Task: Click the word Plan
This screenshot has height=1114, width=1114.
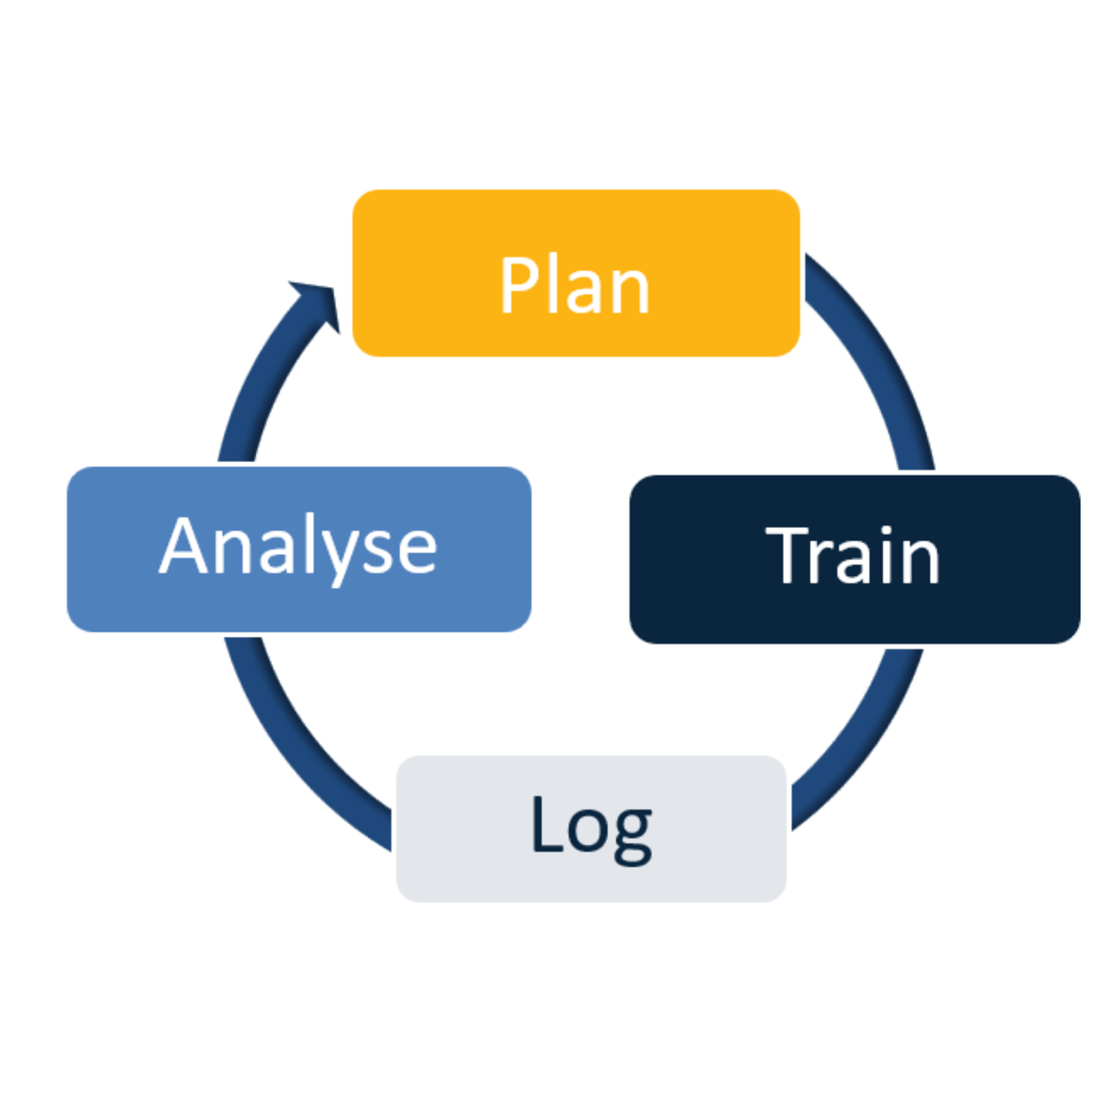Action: pyautogui.click(x=575, y=285)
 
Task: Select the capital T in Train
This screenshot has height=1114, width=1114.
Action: pyautogui.click(x=786, y=555)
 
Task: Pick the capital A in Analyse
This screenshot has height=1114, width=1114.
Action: pyautogui.click(x=183, y=545)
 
